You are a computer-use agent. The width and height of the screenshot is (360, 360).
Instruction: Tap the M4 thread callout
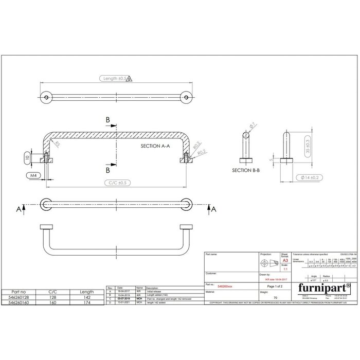tap(34, 175)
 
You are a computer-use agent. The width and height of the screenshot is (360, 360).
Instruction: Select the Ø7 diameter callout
tap(253, 124)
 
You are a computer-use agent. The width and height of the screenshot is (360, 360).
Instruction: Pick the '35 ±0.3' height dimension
tap(308, 146)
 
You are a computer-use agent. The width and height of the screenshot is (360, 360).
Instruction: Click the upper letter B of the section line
tap(107, 119)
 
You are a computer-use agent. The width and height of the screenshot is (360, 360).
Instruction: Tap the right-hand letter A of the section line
tap(214, 208)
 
